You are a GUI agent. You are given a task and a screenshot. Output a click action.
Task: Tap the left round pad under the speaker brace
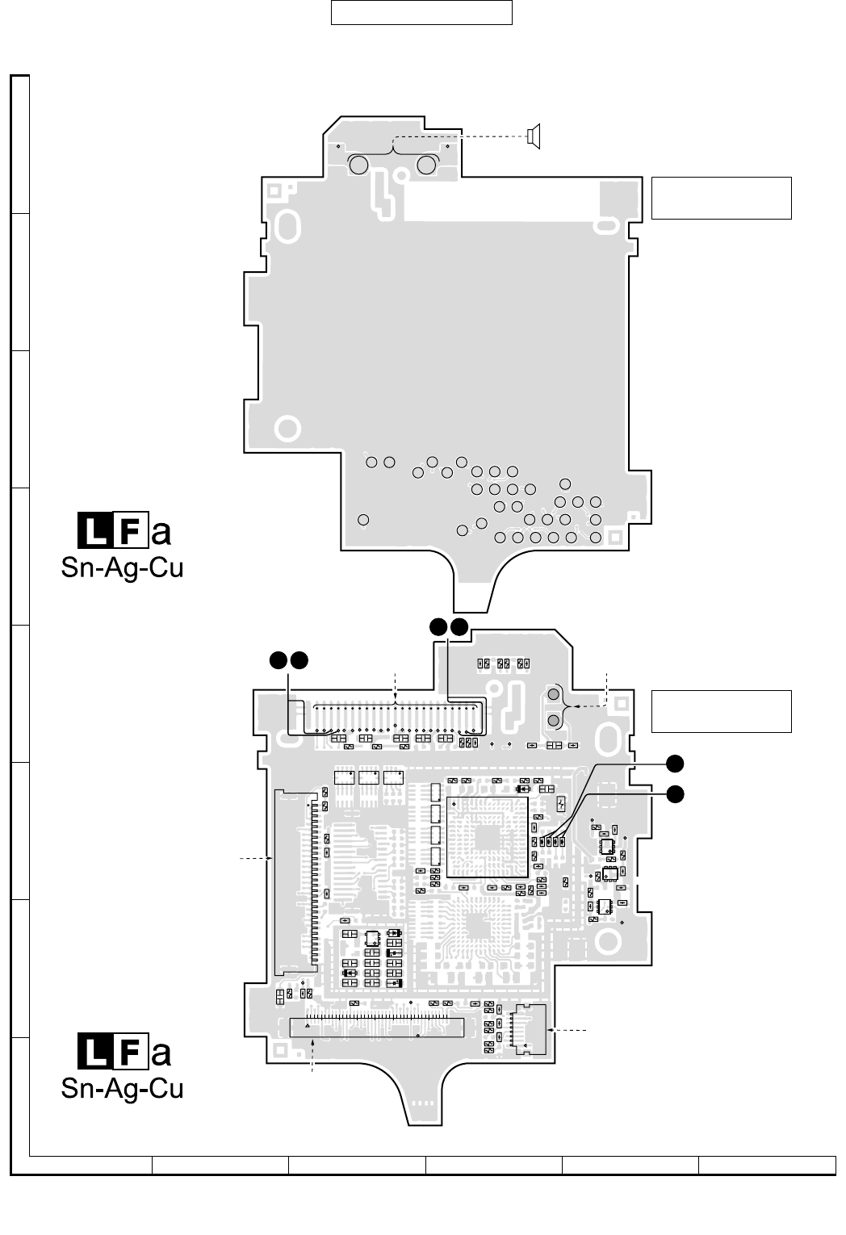358,165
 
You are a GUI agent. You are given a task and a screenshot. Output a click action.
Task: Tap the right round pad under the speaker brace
427,165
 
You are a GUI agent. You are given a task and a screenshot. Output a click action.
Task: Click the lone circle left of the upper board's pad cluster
364,519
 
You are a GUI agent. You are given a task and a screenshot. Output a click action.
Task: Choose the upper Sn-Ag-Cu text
122,569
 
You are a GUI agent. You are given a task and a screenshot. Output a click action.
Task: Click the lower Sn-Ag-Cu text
122,1088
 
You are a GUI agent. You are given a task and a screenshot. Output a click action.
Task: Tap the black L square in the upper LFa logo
94,532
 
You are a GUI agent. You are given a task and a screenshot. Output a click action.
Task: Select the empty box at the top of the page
421,13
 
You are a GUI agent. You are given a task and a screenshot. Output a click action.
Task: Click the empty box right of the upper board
721,198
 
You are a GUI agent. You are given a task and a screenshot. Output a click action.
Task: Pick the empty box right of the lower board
721,711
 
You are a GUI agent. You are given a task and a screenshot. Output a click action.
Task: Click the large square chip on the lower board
487,836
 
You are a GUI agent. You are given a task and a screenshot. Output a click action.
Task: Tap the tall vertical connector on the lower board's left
293,880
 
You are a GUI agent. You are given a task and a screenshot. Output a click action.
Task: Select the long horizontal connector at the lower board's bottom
376,1027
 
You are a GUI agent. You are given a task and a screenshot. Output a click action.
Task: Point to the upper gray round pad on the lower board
555,695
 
